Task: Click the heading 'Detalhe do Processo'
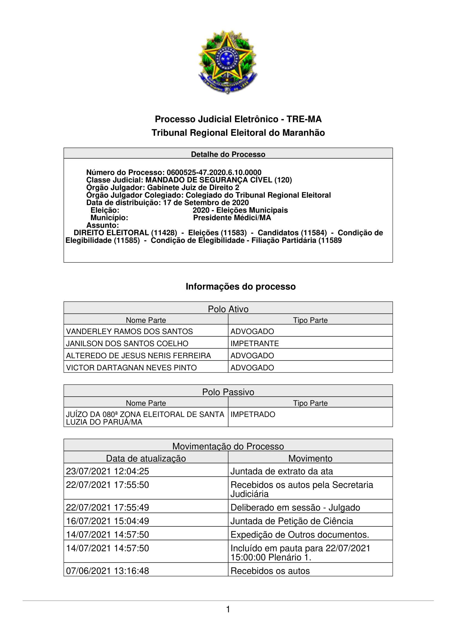click(x=228, y=154)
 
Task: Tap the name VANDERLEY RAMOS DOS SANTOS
click(x=129, y=331)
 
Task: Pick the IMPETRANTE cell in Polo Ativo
click(x=255, y=343)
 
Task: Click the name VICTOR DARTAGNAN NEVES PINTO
click(x=131, y=368)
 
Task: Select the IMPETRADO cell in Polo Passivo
click(x=253, y=414)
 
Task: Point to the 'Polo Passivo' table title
click(x=228, y=392)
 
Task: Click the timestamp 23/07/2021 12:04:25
click(x=107, y=471)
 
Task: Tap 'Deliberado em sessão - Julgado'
click(x=295, y=507)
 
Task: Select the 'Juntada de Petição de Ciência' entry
click(x=291, y=521)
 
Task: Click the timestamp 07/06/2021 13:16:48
click(x=107, y=571)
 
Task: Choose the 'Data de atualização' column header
click(x=146, y=458)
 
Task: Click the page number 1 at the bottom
click(x=228, y=609)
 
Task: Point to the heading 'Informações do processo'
click(x=240, y=286)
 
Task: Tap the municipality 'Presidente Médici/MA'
click(x=232, y=218)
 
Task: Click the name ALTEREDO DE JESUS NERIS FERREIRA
click(x=138, y=355)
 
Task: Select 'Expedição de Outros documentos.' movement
click(x=300, y=534)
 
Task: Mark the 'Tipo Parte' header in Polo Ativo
click(x=310, y=320)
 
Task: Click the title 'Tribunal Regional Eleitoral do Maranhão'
click(x=238, y=133)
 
